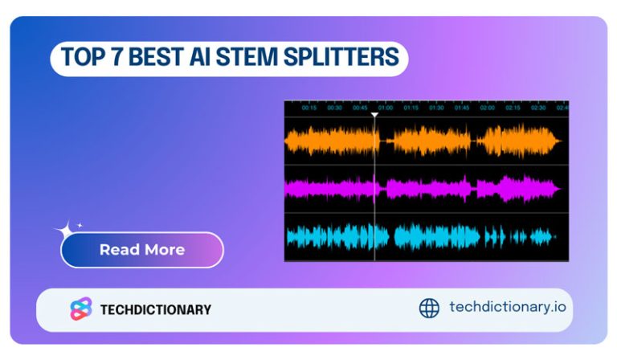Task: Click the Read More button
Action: pos(142,250)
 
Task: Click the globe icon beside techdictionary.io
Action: pos(430,308)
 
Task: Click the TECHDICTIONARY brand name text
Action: pos(156,309)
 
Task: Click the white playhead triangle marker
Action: pos(374,116)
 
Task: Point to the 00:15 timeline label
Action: pos(309,108)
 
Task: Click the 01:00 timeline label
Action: pos(385,108)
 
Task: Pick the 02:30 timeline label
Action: pos(538,108)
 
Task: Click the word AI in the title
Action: pos(219,58)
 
